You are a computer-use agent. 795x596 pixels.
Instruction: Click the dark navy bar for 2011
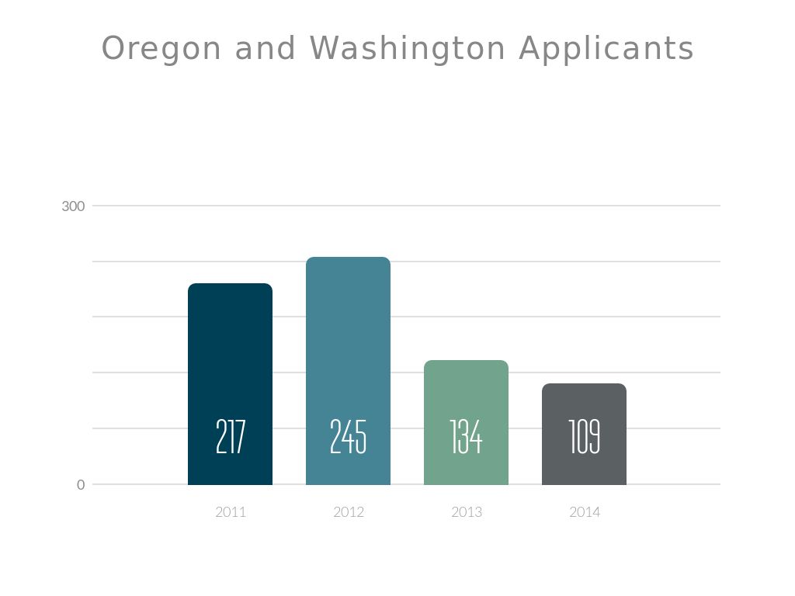(230, 349)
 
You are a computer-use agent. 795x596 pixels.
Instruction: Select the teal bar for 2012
(348, 334)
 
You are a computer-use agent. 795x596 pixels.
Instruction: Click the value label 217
(230, 437)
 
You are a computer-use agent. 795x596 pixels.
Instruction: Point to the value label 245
(348, 437)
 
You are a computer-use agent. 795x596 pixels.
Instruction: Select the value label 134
(466, 437)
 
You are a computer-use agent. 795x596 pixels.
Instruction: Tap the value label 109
(584, 437)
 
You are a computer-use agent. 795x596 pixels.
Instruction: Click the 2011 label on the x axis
(231, 512)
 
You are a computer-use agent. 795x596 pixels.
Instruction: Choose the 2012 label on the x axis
(349, 512)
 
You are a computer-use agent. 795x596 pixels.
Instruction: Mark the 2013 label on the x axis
(467, 512)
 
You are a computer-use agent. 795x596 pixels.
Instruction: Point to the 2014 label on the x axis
(585, 512)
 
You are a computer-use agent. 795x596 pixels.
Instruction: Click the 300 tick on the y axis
(73, 206)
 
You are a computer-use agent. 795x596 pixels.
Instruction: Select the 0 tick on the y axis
(81, 485)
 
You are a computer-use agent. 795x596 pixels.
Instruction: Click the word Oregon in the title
(161, 48)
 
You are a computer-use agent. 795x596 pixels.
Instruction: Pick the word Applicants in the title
(606, 48)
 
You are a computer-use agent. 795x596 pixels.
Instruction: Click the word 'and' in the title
(266, 48)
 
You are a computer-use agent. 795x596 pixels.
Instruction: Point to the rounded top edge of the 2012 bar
(348, 258)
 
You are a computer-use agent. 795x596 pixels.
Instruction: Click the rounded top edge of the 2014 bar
(584, 385)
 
